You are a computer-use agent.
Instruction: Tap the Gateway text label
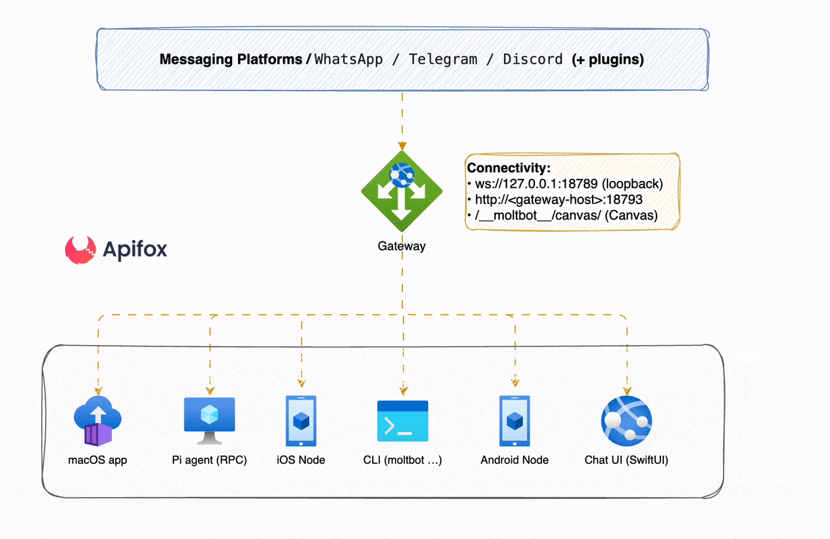[401, 246]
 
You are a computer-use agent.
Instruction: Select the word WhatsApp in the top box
[349, 60]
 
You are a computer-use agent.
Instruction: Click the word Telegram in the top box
[443, 60]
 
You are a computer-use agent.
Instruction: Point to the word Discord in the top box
[532, 60]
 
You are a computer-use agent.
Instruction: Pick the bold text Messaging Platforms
[231, 60]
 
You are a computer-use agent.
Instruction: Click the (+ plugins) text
[608, 60]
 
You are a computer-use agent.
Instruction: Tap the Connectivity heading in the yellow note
[509, 168]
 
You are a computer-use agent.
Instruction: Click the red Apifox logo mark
[81, 249]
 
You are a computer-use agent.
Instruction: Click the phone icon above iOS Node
[301, 421]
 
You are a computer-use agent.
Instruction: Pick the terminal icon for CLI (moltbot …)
[403, 421]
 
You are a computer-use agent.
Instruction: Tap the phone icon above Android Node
[515, 421]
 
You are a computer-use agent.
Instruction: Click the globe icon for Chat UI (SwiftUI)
[627, 421]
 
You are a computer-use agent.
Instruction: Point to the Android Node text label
[515, 460]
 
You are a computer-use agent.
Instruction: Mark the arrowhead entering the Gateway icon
[402, 146]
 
